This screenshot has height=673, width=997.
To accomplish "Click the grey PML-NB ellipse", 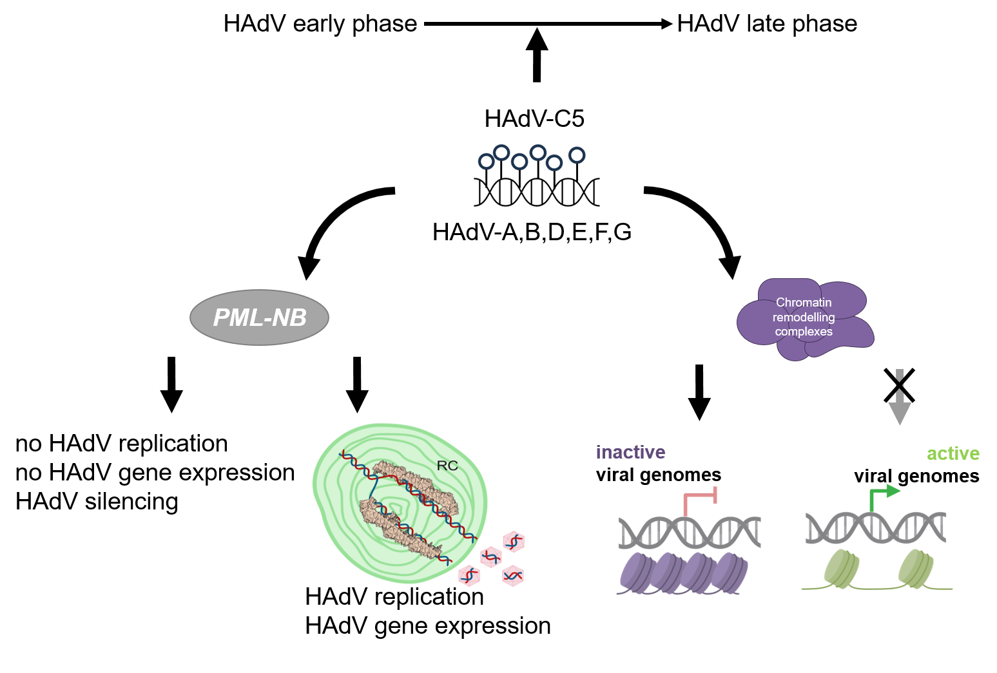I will pos(259,318).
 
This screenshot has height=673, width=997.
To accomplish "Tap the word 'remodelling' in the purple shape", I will pos(804,317).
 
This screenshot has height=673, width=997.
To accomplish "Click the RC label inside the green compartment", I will pos(447,466).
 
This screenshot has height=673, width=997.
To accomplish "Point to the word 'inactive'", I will pos(630,452).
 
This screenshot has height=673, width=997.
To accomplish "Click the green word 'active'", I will pos(953,453).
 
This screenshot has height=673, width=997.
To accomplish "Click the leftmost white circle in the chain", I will pos(487,161).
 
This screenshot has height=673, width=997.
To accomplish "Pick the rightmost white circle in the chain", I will pos(577,155).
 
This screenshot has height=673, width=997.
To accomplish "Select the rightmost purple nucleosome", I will pos(731,572).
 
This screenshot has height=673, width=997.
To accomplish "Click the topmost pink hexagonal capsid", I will pos(514,542).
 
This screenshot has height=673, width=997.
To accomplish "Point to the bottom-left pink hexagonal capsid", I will pos(469,574).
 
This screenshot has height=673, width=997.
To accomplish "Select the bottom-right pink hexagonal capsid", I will pos(512,575).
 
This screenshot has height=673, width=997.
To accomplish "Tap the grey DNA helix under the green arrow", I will pos(876,527).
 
